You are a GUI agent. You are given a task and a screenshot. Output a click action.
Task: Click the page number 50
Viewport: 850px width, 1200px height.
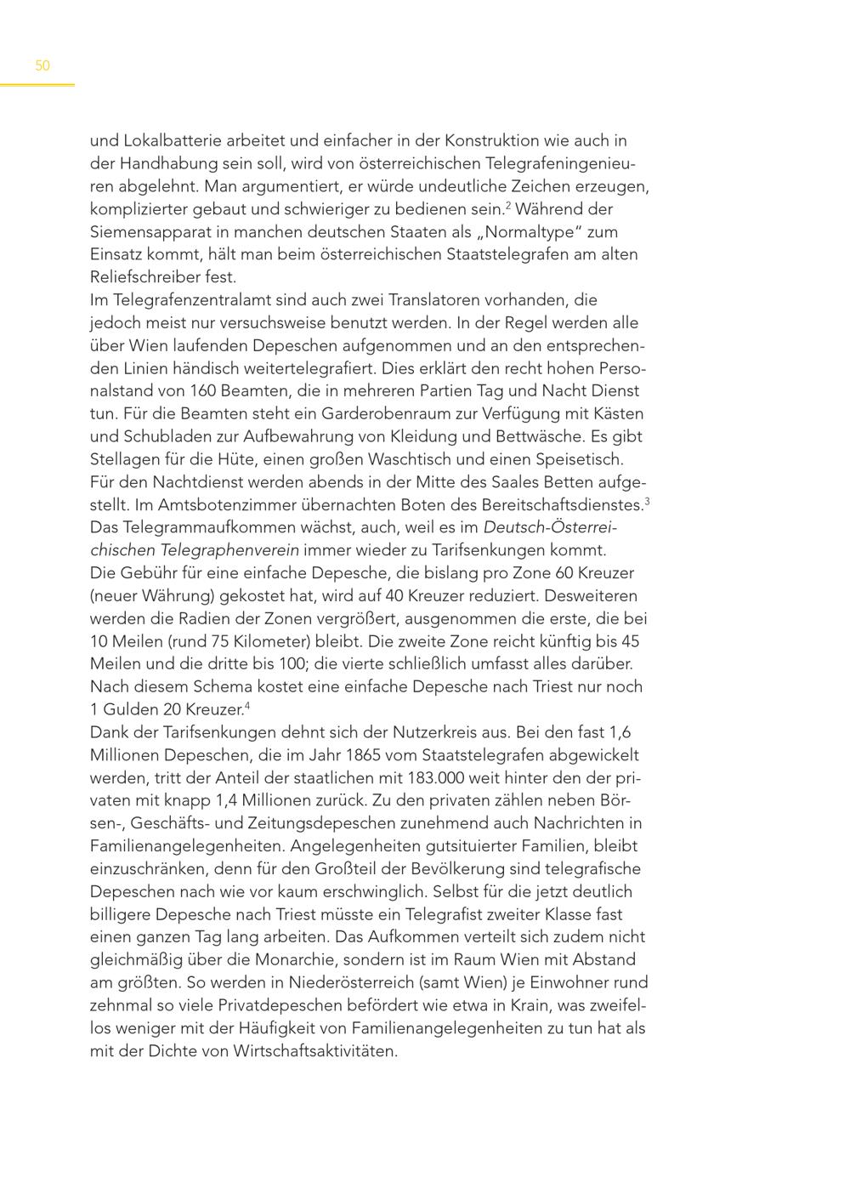[x=42, y=65]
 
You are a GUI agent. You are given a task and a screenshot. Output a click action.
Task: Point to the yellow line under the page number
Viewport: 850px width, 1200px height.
[x=37, y=85]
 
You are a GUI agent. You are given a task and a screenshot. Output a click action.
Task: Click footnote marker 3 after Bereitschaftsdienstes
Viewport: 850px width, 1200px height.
[x=647, y=501]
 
